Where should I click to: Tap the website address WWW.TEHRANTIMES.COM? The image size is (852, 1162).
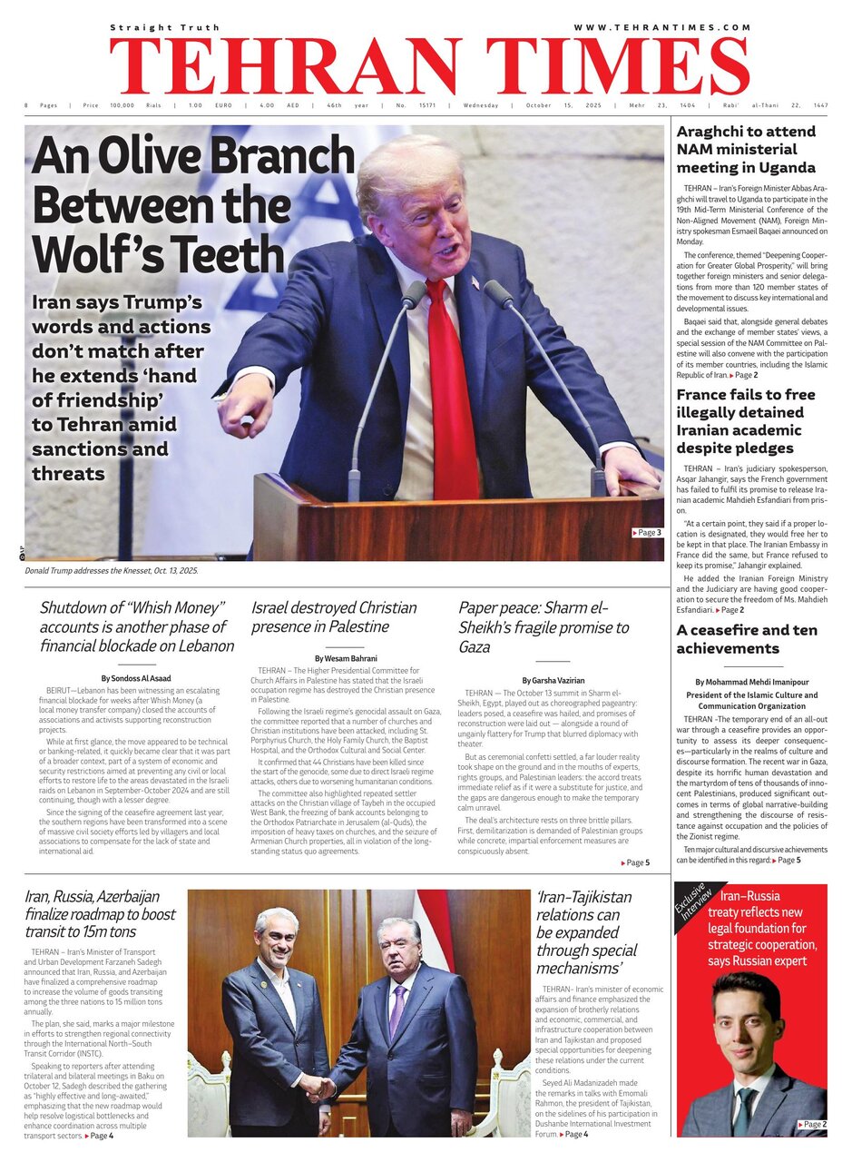point(661,27)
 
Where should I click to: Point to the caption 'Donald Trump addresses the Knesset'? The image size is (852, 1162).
point(111,570)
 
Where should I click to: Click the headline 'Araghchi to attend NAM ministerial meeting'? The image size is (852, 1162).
point(746,150)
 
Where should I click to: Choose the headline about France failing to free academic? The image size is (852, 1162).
point(746,421)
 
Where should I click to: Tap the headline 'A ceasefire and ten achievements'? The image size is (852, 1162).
point(746,639)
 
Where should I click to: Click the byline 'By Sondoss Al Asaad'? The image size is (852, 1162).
point(137,678)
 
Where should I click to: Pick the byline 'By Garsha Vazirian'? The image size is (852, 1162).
point(553,680)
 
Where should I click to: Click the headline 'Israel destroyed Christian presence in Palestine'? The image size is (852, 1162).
point(334,617)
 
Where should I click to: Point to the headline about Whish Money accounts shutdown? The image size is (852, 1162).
point(136,627)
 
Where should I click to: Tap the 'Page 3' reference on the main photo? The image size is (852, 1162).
point(647,532)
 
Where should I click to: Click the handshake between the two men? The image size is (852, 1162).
point(317,1087)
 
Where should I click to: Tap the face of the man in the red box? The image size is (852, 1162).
point(748,1017)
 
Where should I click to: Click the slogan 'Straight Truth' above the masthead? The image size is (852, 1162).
point(153,28)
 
